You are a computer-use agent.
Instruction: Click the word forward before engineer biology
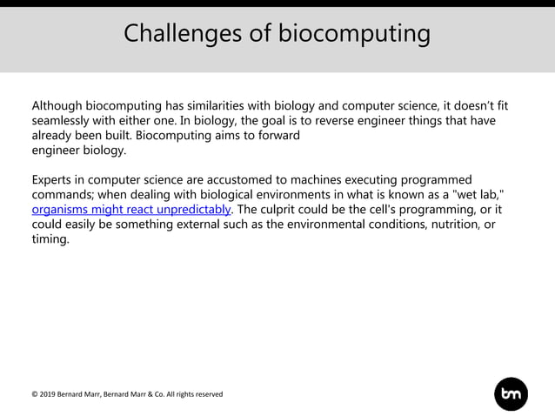point(276,136)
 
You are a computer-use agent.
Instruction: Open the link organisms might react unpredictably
point(131,210)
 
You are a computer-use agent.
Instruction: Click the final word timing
point(50,239)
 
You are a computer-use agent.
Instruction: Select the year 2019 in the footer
point(50,394)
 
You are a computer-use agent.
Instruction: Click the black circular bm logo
point(511,394)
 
